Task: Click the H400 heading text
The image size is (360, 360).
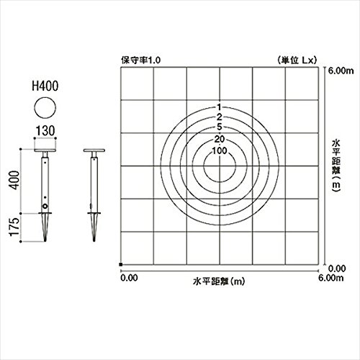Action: point(45,86)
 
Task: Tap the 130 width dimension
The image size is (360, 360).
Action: point(45,131)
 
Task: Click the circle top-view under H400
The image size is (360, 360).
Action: point(45,108)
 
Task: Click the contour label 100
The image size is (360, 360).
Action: point(220,150)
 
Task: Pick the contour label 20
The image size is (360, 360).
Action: point(220,139)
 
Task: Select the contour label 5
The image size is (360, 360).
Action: point(220,127)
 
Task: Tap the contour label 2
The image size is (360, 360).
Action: point(220,117)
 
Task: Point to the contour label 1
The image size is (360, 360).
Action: point(219,107)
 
